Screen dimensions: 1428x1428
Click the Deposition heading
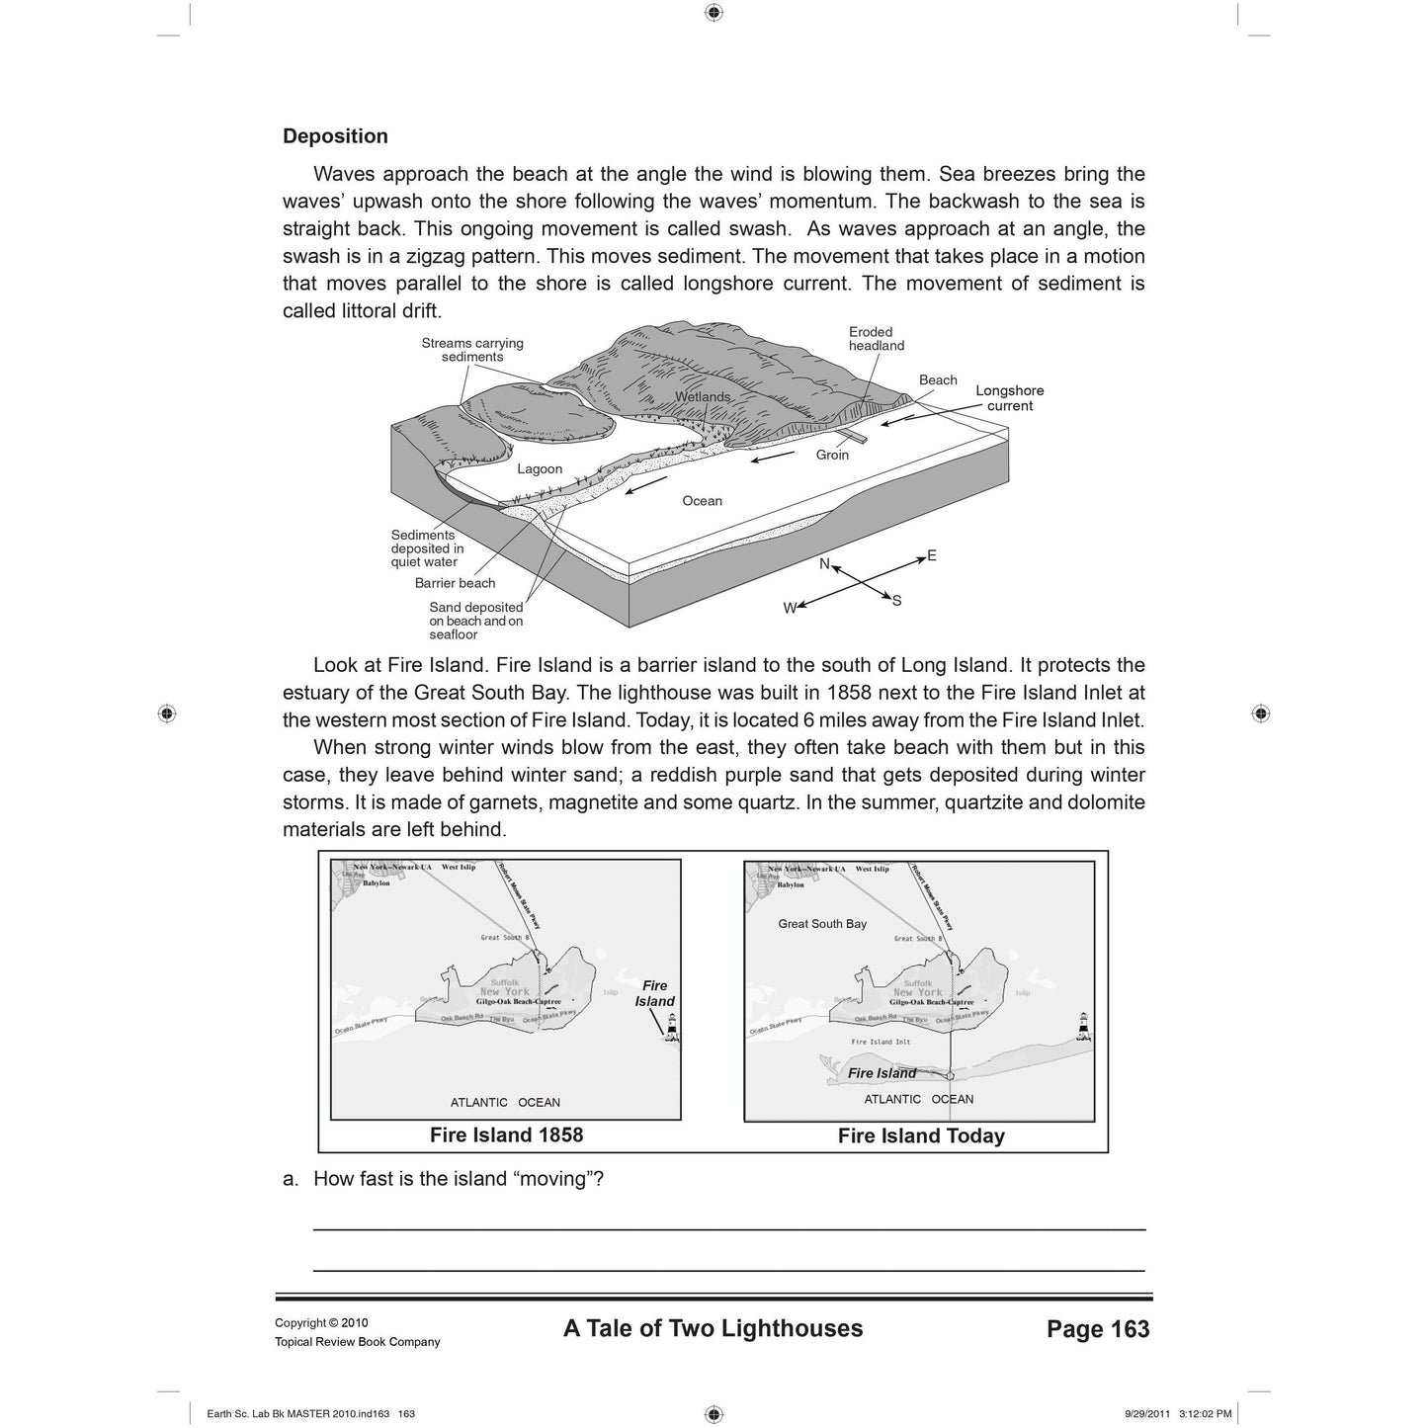coord(335,136)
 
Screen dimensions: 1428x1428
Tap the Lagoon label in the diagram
coord(540,469)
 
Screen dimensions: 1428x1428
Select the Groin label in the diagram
coord(832,455)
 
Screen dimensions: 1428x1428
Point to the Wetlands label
coord(703,397)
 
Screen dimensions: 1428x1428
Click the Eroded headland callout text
coord(876,339)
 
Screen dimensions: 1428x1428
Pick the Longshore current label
coord(1009,398)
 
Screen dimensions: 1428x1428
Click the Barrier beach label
coord(455,583)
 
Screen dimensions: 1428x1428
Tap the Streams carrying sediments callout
coord(472,350)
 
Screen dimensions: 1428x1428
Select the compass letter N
coord(824,563)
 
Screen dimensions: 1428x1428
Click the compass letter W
coord(790,609)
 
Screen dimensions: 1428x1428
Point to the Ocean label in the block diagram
coord(702,501)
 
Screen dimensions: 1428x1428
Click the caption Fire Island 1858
coord(506,1135)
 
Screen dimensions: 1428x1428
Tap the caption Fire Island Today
coord(921,1136)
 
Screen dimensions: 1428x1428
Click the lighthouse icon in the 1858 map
coord(672,1028)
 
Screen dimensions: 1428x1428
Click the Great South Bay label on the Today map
coord(822,924)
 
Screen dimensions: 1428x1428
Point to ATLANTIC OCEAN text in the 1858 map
coord(505,1103)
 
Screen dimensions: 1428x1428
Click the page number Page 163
coord(1098,1329)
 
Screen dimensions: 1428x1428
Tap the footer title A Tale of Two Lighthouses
coord(713,1328)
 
